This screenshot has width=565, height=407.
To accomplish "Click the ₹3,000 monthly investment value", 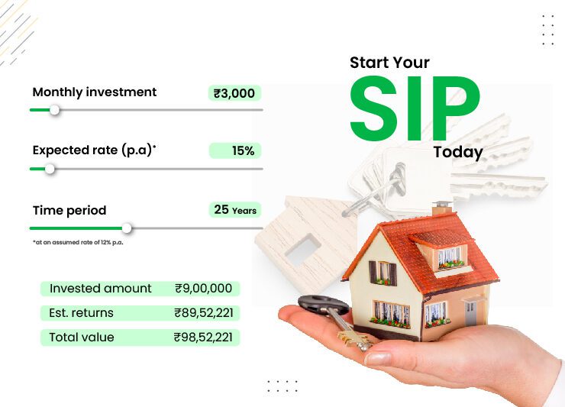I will (x=235, y=93).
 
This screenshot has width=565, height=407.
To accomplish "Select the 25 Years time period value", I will (x=235, y=210).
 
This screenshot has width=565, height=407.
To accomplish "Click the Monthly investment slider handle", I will (x=54, y=110).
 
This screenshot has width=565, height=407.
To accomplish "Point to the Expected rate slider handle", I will (x=50, y=169).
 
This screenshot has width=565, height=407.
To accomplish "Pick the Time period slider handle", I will (x=127, y=228).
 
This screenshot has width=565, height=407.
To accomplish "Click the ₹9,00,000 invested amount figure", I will (x=203, y=289).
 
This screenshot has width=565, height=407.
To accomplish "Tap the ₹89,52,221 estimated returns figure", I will (x=203, y=313).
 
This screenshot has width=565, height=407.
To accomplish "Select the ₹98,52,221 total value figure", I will (x=203, y=337).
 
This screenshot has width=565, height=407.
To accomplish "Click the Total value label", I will (x=82, y=337).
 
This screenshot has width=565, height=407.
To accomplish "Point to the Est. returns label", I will (x=82, y=313).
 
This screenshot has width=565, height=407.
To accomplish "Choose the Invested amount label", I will (x=101, y=289).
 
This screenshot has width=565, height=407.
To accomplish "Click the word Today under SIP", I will (x=458, y=153).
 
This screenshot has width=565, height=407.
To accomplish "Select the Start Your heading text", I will (x=389, y=63).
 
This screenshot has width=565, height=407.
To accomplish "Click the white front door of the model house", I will (x=471, y=312).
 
